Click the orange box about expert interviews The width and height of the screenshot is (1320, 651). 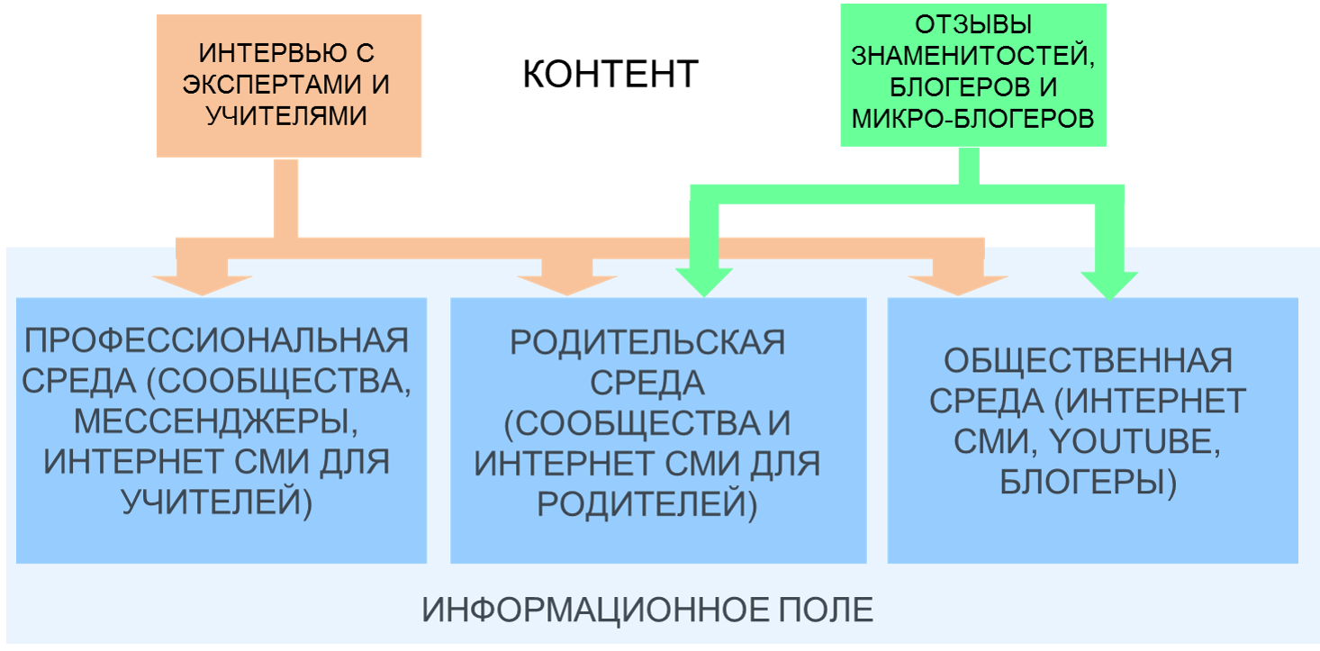(x=289, y=85)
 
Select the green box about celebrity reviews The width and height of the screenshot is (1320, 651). (x=972, y=74)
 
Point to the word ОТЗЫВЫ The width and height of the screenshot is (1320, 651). (x=972, y=24)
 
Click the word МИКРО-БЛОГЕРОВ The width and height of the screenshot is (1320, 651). (x=972, y=119)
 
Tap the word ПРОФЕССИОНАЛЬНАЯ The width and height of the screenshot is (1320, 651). (x=217, y=341)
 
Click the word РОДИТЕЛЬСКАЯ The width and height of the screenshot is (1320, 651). (x=647, y=343)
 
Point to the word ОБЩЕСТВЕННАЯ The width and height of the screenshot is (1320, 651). (x=1088, y=361)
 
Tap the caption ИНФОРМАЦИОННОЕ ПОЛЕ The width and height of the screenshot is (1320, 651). (x=647, y=610)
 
